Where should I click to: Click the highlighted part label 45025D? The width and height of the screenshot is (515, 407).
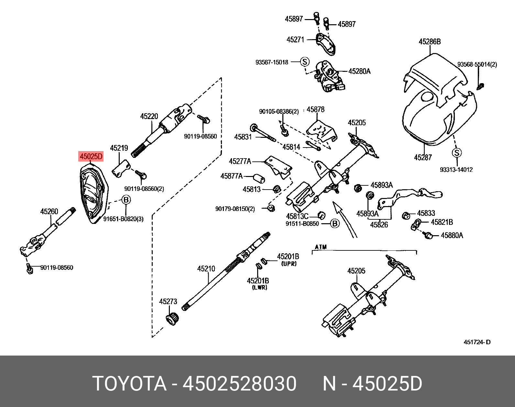tap(91, 157)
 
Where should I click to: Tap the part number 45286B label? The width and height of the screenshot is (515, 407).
tap(430, 42)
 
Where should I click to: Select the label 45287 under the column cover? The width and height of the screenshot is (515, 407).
tap(423, 158)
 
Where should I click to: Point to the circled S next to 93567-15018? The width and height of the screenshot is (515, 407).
tap(304, 62)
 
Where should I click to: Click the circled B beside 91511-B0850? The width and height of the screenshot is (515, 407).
tap(335, 224)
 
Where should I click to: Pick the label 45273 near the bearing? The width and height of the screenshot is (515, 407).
tap(168, 302)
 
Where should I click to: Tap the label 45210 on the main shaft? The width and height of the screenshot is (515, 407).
tap(206, 269)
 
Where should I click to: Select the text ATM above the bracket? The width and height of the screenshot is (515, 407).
tap(321, 247)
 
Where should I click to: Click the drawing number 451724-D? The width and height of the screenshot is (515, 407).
tap(477, 342)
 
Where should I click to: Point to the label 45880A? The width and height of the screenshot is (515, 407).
tap(452, 236)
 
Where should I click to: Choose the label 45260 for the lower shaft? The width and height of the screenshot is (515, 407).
tap(49, 212)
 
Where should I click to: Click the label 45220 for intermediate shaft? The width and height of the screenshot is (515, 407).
tap(149, 116)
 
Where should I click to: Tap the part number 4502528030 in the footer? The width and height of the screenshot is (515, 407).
tap(239, 384)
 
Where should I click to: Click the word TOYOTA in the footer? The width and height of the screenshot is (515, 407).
tap(129, 384)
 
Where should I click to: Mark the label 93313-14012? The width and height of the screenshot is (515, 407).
tap(456, 170)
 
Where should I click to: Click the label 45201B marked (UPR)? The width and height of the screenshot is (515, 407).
tap(288, 257)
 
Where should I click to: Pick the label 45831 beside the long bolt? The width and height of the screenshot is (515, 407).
tap(243, 137)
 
